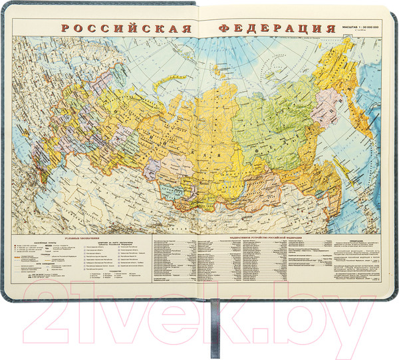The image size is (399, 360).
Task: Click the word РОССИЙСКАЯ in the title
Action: click(x=126, y=30)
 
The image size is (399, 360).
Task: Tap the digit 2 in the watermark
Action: click(x=53, y=309)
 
